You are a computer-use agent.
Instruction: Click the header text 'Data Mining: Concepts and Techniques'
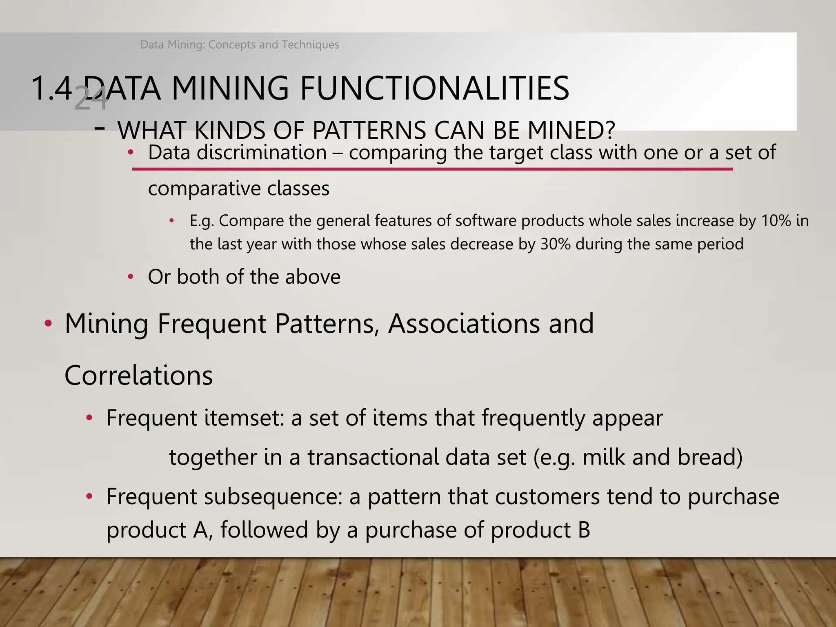240,44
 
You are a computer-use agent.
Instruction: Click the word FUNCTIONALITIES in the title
434,89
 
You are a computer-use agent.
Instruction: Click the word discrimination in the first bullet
262,153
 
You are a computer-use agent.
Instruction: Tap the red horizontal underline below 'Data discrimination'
432,169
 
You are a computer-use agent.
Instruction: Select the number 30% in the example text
555,244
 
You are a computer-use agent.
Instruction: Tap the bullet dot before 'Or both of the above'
131,277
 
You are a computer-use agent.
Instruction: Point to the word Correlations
139,376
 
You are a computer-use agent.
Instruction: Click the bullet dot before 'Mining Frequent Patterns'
48,324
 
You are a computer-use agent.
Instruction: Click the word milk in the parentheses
604,457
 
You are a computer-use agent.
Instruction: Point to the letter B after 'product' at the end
584,530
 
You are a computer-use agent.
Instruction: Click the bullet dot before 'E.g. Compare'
172,221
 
